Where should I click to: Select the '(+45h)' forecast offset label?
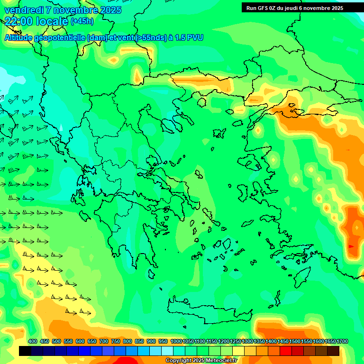point(82,21)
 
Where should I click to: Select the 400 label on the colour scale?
point(33,342)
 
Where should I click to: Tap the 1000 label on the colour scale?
point(176,342)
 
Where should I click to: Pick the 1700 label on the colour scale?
point(329,342)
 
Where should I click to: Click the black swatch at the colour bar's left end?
point(25,351)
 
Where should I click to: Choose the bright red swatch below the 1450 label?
point(286,351)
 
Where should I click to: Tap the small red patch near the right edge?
point(351,246)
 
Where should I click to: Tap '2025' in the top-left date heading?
point(109,10)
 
